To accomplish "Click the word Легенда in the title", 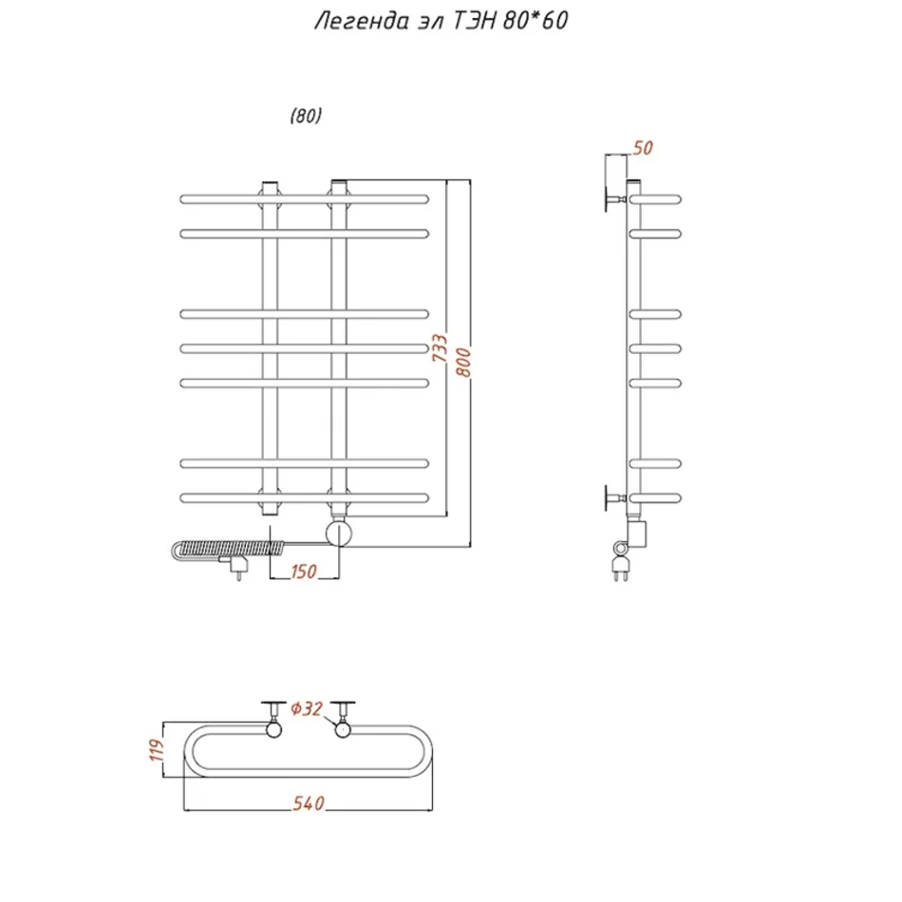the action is [x=362, y=21].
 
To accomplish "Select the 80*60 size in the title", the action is [x=536, y=20].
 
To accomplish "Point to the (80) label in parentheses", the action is [x=306, y=116].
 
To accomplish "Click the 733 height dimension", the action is [x=440, y=348].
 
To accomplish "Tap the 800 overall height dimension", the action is [x=463, y=362].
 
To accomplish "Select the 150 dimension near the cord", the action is [x=304, y=572].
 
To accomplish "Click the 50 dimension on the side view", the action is [x=643, y=148].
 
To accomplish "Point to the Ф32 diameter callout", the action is [x=307, y=708].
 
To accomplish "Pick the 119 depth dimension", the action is [x=157, y=750].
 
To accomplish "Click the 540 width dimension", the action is [x=309, y=803].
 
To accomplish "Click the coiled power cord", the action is [x=229, y=548].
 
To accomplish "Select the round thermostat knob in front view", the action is [x=339, y=534].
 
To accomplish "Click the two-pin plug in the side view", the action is [x=621, y=567].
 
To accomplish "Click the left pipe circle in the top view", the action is [x=273, y=730].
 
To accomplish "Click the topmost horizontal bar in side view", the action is [x=655, y=199].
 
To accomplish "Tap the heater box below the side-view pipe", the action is [x=637, y=534].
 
